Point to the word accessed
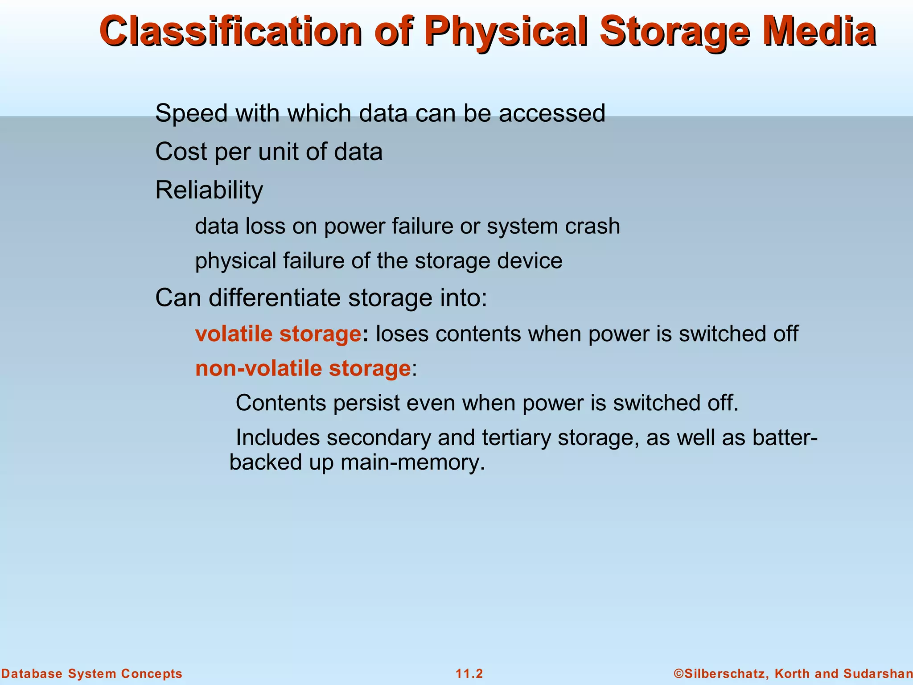(x=552, y=114)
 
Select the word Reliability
(x=209, y=190)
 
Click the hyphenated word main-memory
(x=412, y=462)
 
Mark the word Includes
(x=277, y=437)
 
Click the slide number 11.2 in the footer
(x=469, y=674)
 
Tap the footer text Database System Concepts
(x=92, y=674)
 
